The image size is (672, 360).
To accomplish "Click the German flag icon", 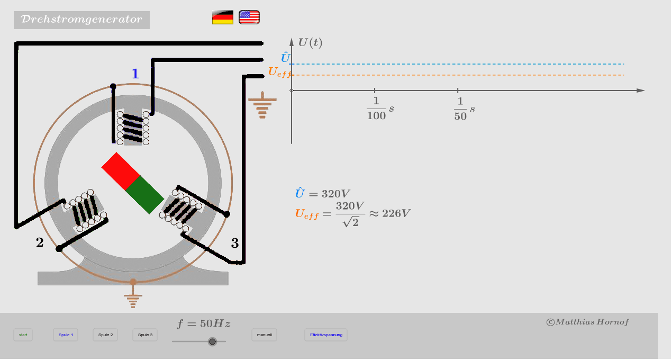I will click(223, 17).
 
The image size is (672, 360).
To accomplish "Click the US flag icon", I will click(249, 17).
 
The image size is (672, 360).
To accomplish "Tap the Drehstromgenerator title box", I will click(81, 20).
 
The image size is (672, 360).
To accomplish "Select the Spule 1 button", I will click(66, 335).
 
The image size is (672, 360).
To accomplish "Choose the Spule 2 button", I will click(105, 335).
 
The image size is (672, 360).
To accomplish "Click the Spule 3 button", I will click(145, 335).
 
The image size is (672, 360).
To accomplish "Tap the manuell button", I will click(264, 335).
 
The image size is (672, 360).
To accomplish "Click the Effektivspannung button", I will click(326, 335).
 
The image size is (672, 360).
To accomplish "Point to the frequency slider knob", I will click(213, 341).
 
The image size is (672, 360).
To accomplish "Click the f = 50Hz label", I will click(204, 323).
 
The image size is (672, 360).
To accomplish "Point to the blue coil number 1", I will click(135, 74).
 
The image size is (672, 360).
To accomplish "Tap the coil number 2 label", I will click(40, 243).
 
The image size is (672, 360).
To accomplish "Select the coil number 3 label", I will click(235, 244).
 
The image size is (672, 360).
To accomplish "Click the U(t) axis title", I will click(310, 42).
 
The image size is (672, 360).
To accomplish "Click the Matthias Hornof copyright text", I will click(587, 322).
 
